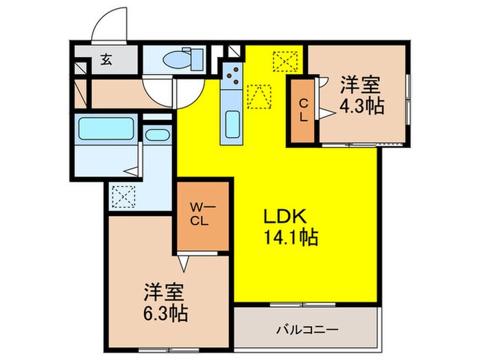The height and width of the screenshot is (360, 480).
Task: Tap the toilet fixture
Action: [182, 60]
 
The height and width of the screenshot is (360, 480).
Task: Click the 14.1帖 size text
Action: [291, 238]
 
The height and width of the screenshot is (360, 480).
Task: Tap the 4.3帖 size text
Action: [361, 106]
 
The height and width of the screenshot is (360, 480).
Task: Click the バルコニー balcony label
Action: [307, 329]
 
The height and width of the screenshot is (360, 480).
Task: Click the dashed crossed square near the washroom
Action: [122, 197]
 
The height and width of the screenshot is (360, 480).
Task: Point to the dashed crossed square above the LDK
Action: [283, 62]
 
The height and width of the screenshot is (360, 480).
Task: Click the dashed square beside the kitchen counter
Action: [258, 96]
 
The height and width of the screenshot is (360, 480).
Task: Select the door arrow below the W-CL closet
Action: [183, 260]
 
